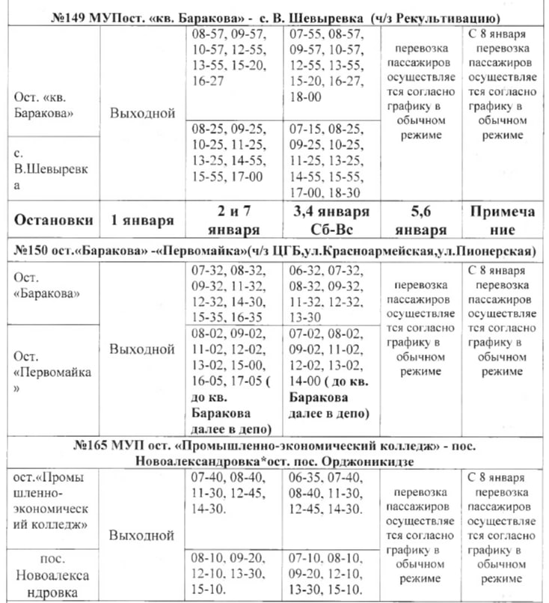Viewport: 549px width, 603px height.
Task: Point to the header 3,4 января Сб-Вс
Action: click(328, 221)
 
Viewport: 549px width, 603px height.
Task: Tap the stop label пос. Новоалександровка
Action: click(52, 575)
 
